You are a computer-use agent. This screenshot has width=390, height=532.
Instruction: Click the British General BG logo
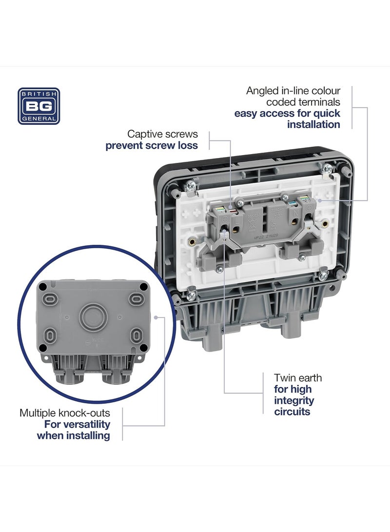(x=39, y=106)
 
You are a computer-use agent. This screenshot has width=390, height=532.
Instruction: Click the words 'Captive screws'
(x=163, y=134)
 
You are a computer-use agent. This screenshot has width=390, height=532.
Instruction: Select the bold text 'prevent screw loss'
(x=152, y=145)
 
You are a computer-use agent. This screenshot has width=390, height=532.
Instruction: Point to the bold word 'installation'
(x=313, y=124)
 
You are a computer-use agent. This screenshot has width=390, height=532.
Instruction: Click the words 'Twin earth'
(x=298, y=378)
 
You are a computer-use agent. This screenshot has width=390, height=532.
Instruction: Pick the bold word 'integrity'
(x=294, y=401)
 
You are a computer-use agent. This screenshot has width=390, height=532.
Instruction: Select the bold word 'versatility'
(x=86, y=424)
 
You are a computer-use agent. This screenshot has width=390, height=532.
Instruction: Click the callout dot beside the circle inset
(x=156, y=317)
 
